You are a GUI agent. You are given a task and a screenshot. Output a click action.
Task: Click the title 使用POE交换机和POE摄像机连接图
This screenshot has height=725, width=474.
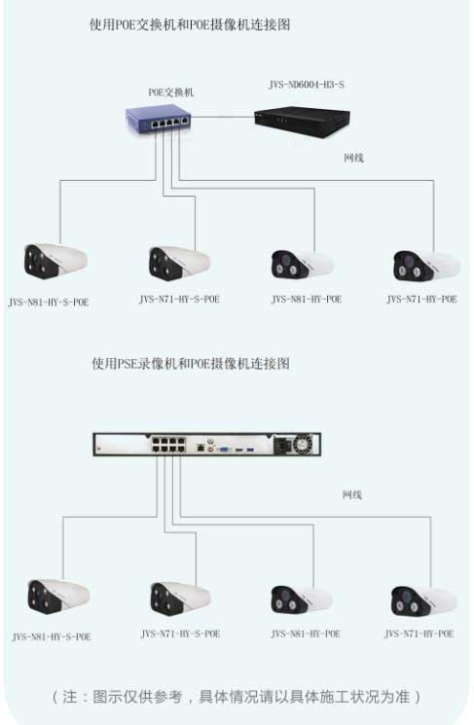(190, 24)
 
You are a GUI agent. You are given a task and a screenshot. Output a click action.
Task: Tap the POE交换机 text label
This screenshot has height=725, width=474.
(171, 92)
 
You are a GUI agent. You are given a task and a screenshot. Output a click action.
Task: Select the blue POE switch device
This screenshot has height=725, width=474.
(158, 119)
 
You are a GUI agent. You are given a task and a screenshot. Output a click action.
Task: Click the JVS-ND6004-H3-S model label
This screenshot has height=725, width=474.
(307, 85)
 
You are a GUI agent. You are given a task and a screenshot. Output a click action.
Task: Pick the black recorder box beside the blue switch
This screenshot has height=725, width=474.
(302, 122)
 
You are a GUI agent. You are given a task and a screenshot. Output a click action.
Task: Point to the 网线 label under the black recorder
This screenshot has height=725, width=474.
(353, 158)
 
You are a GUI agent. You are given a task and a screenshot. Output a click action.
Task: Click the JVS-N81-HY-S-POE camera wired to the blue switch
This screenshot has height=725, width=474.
(55, 261)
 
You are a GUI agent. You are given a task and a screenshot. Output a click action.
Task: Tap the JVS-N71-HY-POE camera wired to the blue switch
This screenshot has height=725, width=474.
(426, 266)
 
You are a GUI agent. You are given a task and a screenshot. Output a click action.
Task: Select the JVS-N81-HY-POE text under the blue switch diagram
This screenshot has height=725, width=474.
(307, 299)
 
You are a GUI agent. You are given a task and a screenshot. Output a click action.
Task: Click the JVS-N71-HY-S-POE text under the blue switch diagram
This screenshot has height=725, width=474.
(179, 299)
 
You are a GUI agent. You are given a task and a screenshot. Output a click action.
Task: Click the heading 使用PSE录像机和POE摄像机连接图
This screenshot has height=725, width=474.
(191, 363)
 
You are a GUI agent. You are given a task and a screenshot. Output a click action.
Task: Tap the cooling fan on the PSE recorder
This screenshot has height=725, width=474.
(304, 445)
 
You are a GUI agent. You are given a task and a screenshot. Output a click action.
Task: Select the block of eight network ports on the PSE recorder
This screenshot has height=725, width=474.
(167, 445)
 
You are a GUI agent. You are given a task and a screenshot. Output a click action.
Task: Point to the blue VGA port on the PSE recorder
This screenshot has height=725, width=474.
(223, 449)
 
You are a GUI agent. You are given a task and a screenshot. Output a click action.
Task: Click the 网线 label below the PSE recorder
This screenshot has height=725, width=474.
(352, 495)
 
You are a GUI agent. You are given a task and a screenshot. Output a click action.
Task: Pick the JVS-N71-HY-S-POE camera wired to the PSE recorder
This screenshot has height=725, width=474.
(180, 598)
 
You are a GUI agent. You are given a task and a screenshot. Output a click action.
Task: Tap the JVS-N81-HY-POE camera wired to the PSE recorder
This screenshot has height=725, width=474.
(301, 599)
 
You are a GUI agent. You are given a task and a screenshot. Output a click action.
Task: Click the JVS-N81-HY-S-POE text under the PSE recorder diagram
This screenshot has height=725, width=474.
(52, 636)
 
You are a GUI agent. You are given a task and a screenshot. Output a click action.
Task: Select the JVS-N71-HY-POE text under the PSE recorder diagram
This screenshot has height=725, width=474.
(419, 634)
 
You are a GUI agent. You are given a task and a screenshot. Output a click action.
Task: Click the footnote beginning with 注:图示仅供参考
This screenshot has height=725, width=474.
(237, 697)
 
